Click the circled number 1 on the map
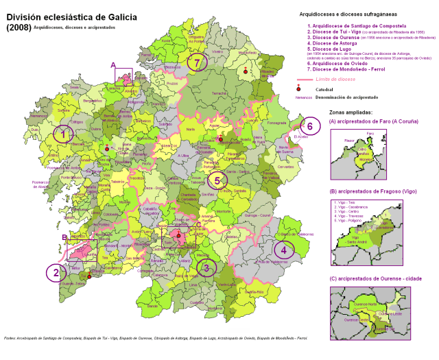point(63,135)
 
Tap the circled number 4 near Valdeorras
point(285,250)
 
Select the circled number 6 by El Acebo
point(309,126)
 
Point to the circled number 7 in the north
point(197,63)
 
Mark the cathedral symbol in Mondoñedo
point(245,71)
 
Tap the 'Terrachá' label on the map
point(219,94)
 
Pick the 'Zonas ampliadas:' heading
point(351,110)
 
